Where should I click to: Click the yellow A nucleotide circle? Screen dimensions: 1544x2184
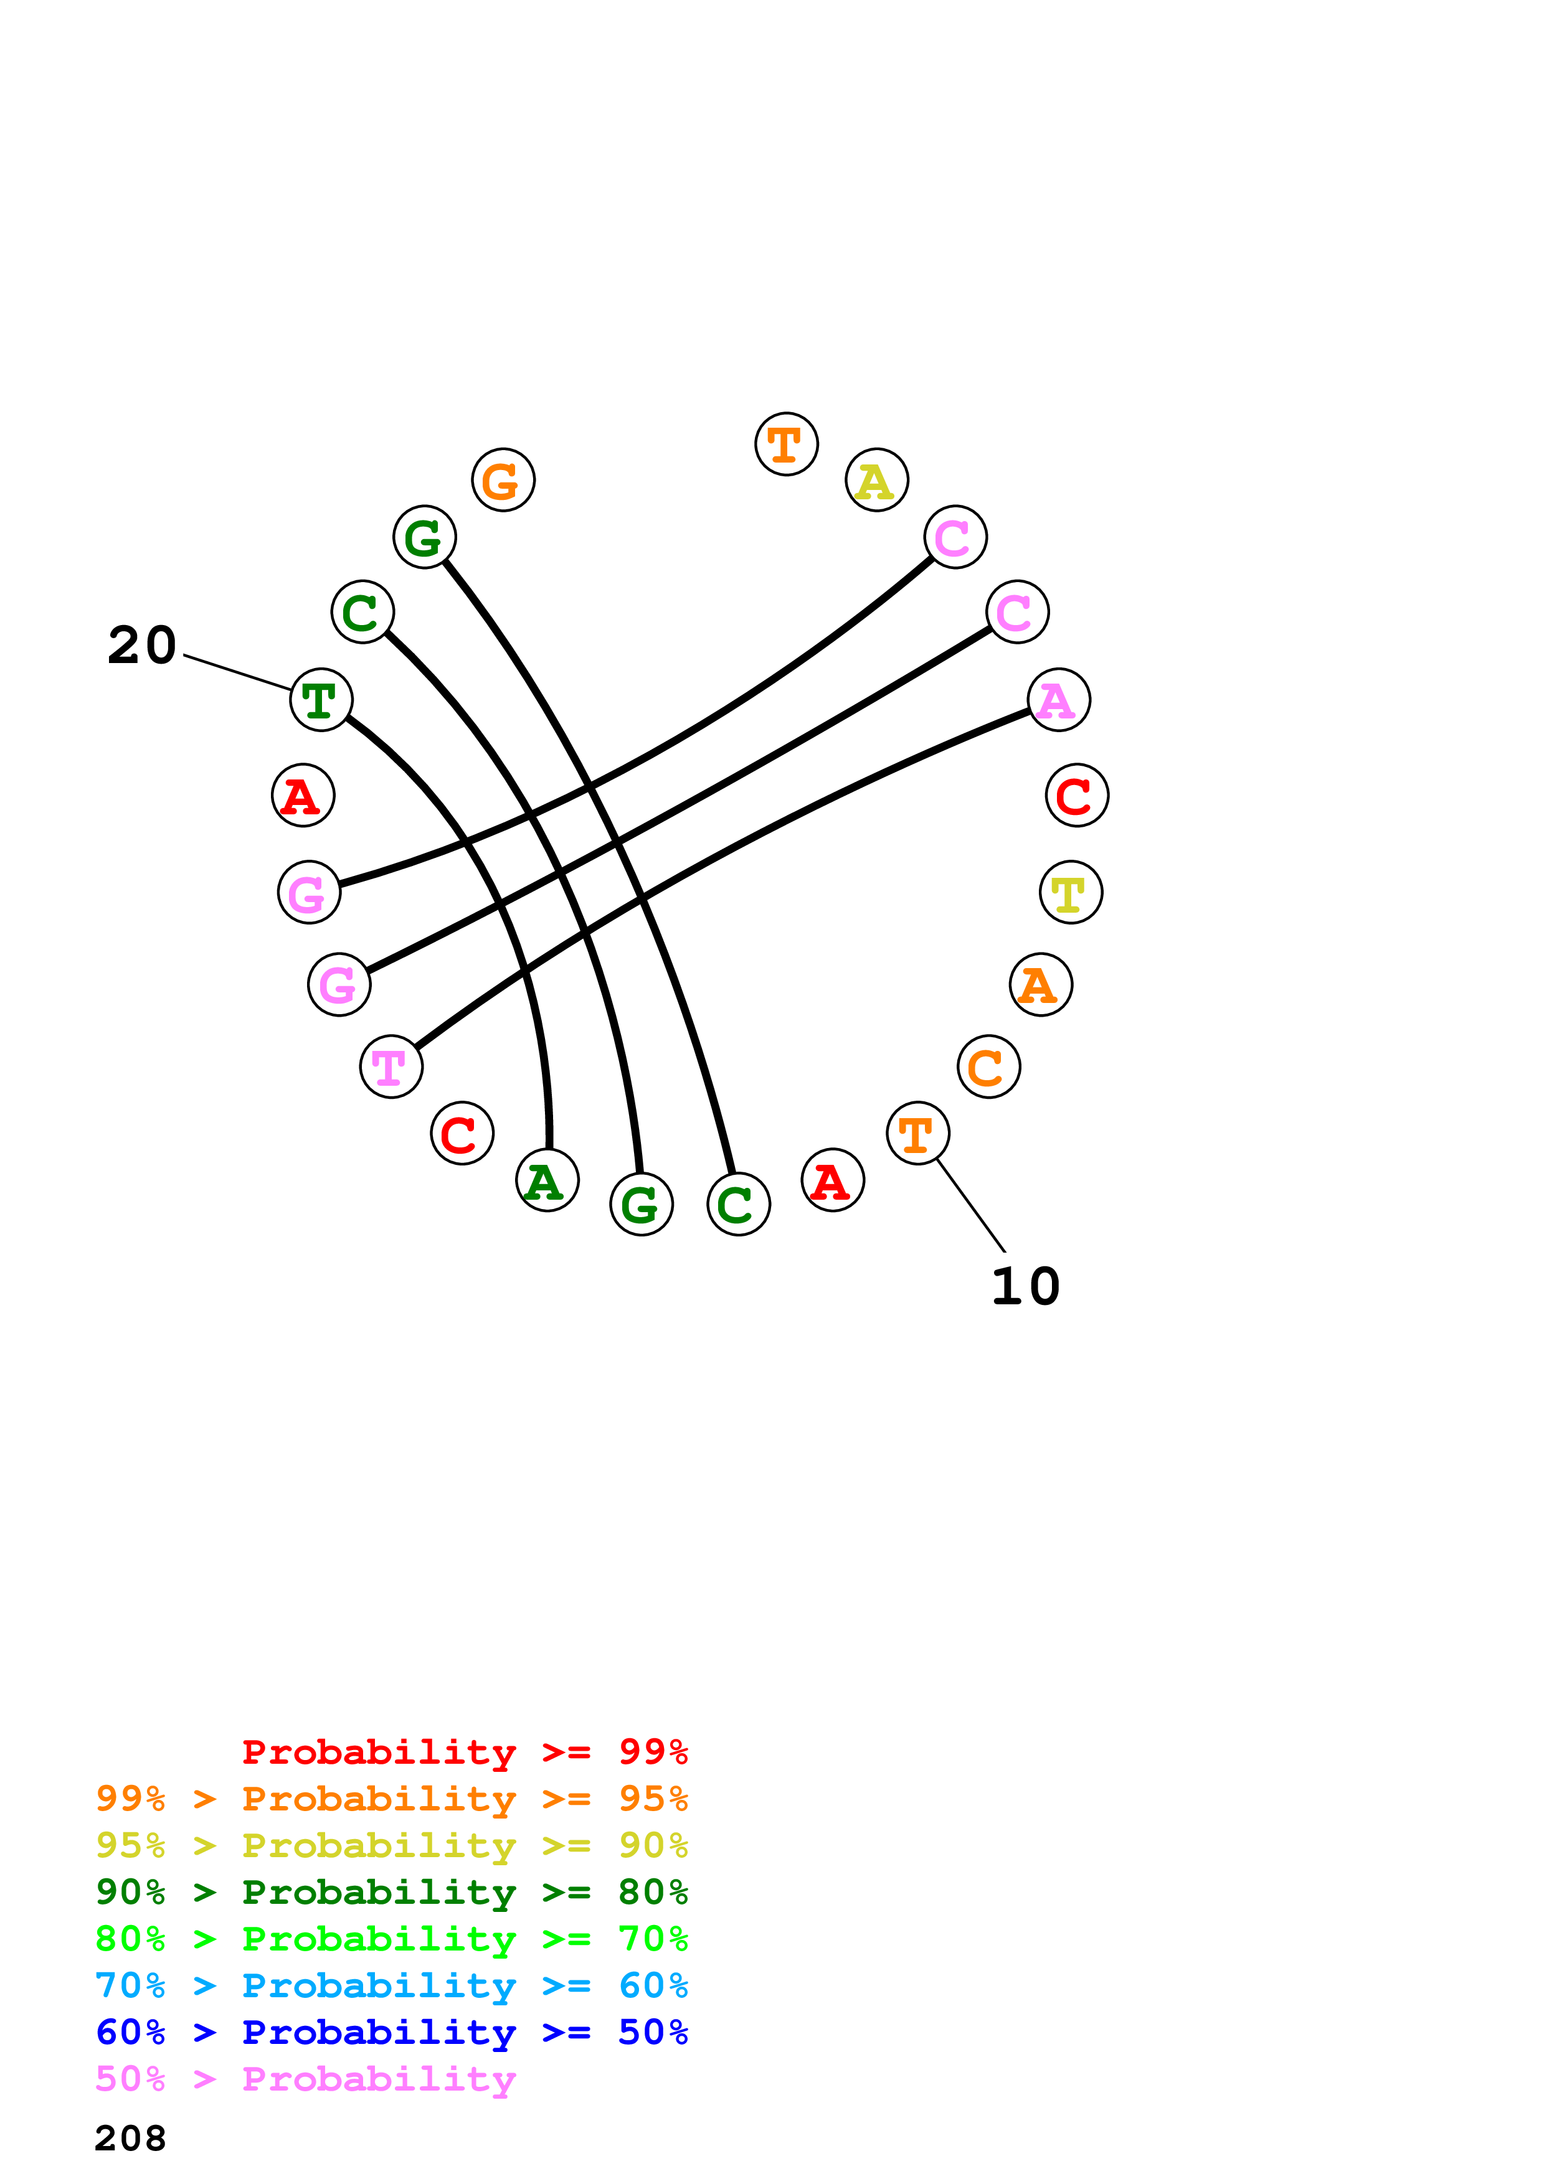(876, 481)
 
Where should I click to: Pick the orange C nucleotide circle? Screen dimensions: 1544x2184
(988, 1066)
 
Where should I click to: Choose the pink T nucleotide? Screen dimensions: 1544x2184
(391, 1066)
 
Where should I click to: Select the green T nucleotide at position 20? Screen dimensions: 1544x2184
(321, 700)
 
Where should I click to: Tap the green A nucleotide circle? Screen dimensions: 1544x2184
(547, 1180)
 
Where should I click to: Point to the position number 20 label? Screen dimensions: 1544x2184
(142, 645)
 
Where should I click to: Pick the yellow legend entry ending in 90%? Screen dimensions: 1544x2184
(391, 1845)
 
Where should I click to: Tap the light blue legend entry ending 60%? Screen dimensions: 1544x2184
(391, 1985)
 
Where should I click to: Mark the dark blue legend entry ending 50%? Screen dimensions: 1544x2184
(391, 2032)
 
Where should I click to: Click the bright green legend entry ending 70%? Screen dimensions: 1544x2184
(391, 1939)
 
